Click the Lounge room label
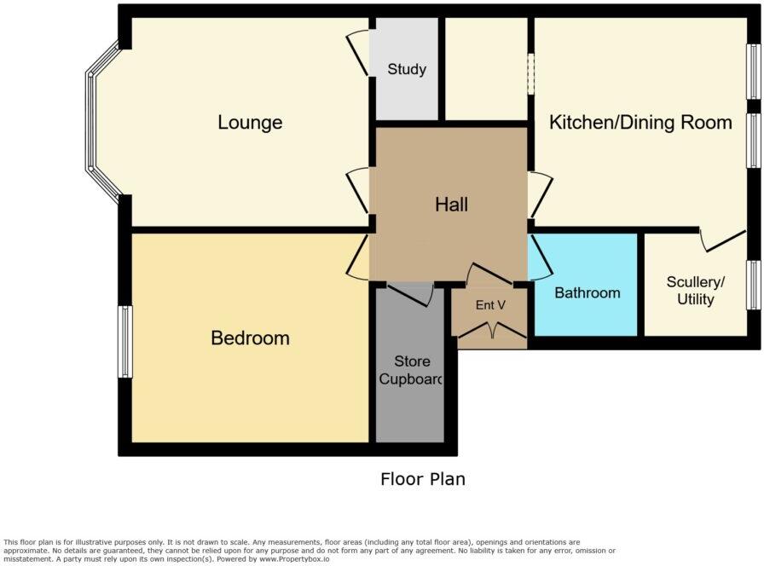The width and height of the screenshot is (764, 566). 250,123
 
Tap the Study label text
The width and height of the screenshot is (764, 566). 407,69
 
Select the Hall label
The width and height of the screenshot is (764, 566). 451,205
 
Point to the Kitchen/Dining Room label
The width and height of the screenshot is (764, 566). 640,122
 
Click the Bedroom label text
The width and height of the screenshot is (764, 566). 250,338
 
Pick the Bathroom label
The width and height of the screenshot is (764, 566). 587,293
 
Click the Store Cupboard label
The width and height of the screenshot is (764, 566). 410,372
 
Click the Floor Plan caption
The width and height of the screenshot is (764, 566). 423,479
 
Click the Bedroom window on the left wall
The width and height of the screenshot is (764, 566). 125,342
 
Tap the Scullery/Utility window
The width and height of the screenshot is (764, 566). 754,286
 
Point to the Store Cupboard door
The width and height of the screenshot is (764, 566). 410,293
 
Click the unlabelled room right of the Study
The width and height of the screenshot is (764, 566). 486,70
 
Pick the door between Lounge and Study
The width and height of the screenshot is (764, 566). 359,54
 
